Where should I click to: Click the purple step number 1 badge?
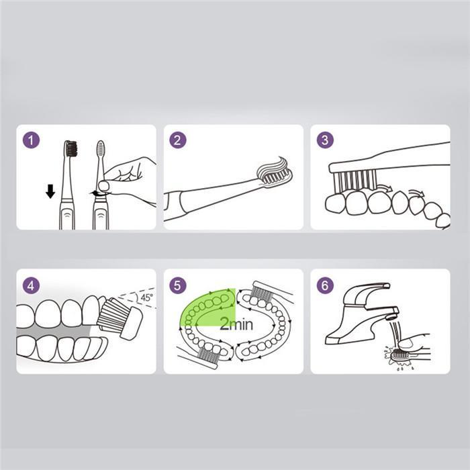click(31, 140)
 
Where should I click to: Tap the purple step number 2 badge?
click(178, 140)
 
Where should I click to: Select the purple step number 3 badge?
click(325, 140)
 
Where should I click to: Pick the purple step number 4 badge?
click(31, 285)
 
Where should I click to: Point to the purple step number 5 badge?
click(178, 285)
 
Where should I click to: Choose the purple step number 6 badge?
click(325, 285)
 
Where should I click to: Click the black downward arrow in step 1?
click(50, 191)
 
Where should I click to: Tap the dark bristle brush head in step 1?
click(71, 148)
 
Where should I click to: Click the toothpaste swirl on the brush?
click(274, 167)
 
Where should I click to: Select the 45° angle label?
click(147, 297)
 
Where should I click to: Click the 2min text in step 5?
click(236, 324)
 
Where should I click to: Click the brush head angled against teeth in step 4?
click(120, 317)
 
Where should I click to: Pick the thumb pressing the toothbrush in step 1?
click(104, 185)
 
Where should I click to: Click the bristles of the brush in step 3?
click(355, 180)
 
